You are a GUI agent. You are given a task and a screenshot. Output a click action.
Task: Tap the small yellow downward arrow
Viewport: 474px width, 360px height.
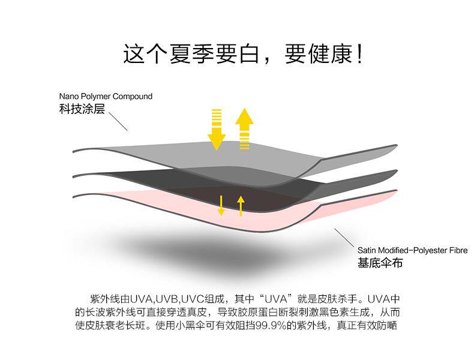point(221,205)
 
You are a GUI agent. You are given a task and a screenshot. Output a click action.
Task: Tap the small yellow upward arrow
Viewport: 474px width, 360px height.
point(241,205)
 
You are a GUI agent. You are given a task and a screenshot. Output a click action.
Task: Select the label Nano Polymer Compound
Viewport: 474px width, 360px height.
point(106,96)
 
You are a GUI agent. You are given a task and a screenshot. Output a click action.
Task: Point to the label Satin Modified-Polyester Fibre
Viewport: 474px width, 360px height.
point(412,250)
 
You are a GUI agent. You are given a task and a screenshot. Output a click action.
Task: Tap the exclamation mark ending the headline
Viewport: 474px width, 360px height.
point(358,54)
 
